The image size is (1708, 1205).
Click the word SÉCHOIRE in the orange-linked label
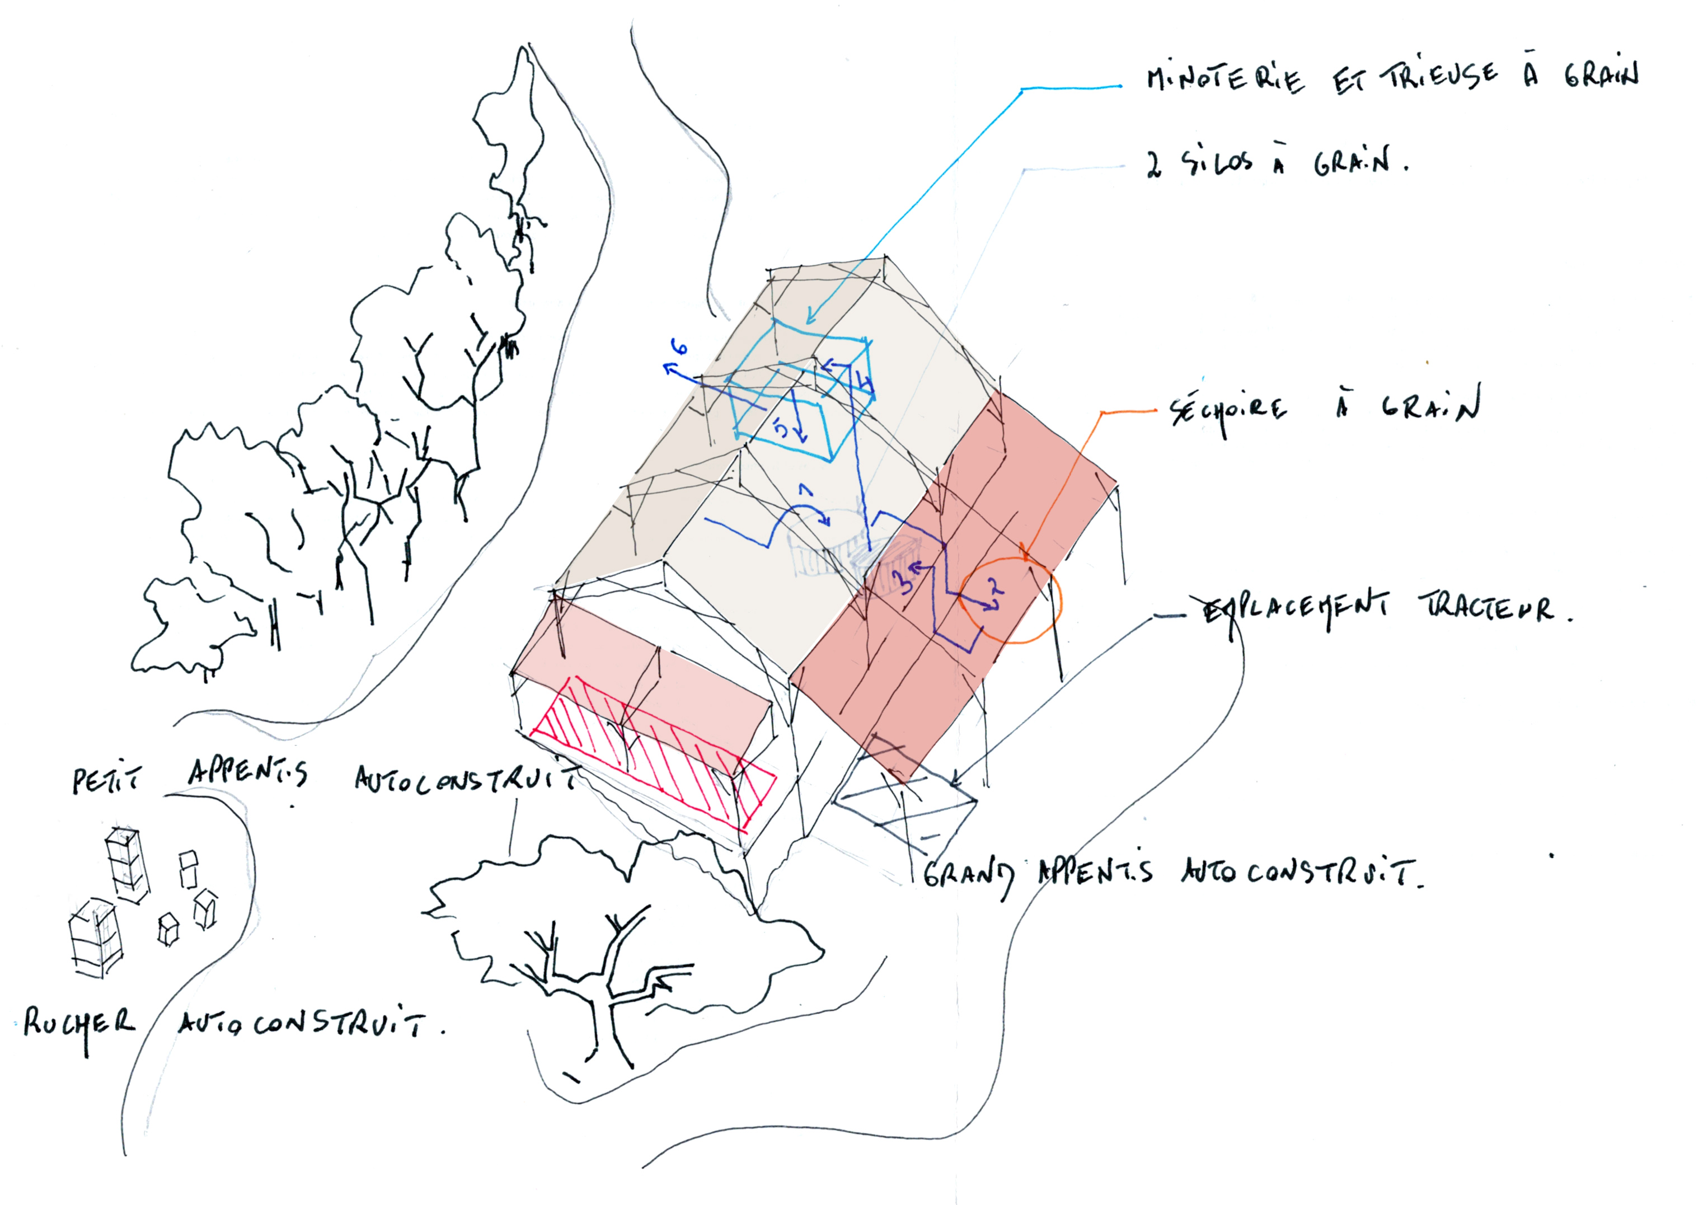pyautogui.click(x=1227, y=411)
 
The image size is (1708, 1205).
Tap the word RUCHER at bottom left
pyautogui.click(x=78, y=1025)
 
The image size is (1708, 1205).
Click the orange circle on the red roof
pyautogui.click(x=1010, y=599)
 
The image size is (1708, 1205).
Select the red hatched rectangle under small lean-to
pyautogui.click(x=655, y=751)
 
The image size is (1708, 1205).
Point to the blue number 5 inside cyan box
pyautogui.click(x=780, y=427)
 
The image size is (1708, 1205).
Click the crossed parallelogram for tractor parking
pyautogui.click(x=904, y=809)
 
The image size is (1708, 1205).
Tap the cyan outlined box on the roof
pyautogui.click(x=800, y=394)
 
